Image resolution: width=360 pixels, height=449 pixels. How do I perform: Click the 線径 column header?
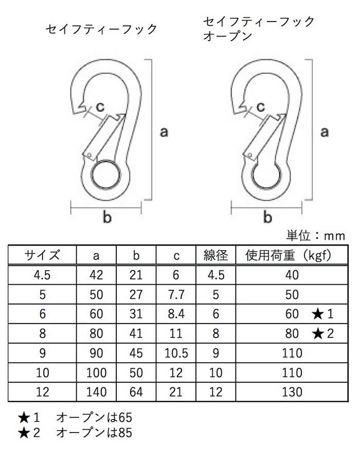[x=215, y=255]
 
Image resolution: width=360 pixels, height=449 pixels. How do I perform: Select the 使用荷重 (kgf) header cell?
[x=289, y=255]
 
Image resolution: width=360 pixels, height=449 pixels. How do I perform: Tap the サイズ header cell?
[x=42, y=255]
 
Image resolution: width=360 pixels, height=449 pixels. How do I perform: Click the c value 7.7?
[x=176, y=294]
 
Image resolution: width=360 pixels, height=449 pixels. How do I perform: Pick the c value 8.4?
[x=176, y=314]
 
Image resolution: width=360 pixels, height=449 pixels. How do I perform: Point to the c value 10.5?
[x=176, y=353]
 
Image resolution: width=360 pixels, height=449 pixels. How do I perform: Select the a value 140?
[x=96, y=392]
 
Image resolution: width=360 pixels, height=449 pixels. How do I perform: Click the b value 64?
[x=136, y=392]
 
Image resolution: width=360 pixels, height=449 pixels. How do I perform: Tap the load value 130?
[x=292, y=392]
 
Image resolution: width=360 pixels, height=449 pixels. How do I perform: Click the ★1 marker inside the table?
[x=323, y=314]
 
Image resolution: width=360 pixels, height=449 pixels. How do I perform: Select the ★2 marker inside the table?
[x=323, y=333]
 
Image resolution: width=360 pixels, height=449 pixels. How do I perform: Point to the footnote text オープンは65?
[x=94, y=418]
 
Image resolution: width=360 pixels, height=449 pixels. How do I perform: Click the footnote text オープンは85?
[x=94, y=433]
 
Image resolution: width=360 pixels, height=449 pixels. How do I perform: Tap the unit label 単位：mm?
[x=315, y=235]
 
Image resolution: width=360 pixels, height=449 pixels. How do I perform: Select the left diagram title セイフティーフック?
[x=101, y=29]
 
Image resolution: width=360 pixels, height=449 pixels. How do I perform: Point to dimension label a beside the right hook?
[x=324, y=132]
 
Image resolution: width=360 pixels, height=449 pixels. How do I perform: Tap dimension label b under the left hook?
[x=107, y=217]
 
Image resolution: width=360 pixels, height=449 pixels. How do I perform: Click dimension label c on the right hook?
[x=261, y=107]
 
